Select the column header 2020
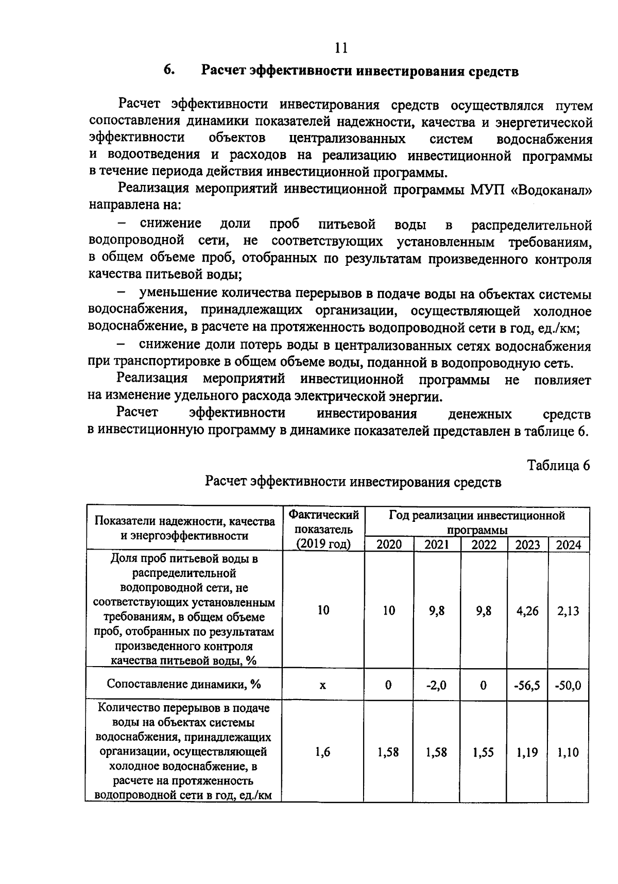click(x=389, y=545)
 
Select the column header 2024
click(x=568, y=545)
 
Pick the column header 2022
click(x=484, y=545)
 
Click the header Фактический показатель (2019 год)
click(x=323, y=529)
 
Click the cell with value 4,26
click(x=527, y=611)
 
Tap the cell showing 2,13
click(x=568, y=611)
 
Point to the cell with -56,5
click(x=527, y=686)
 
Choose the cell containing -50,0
click(x=568, y=686)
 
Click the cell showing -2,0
click(x=437, y=685)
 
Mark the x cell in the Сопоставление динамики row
click(x=322, y=686)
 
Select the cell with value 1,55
click(x=484, y=753)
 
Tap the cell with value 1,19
click(x=527, y=753)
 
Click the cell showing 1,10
click(x=568, y=753)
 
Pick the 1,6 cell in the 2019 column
click(x=322, y=753)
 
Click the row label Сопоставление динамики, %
click(x=184, y=684)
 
